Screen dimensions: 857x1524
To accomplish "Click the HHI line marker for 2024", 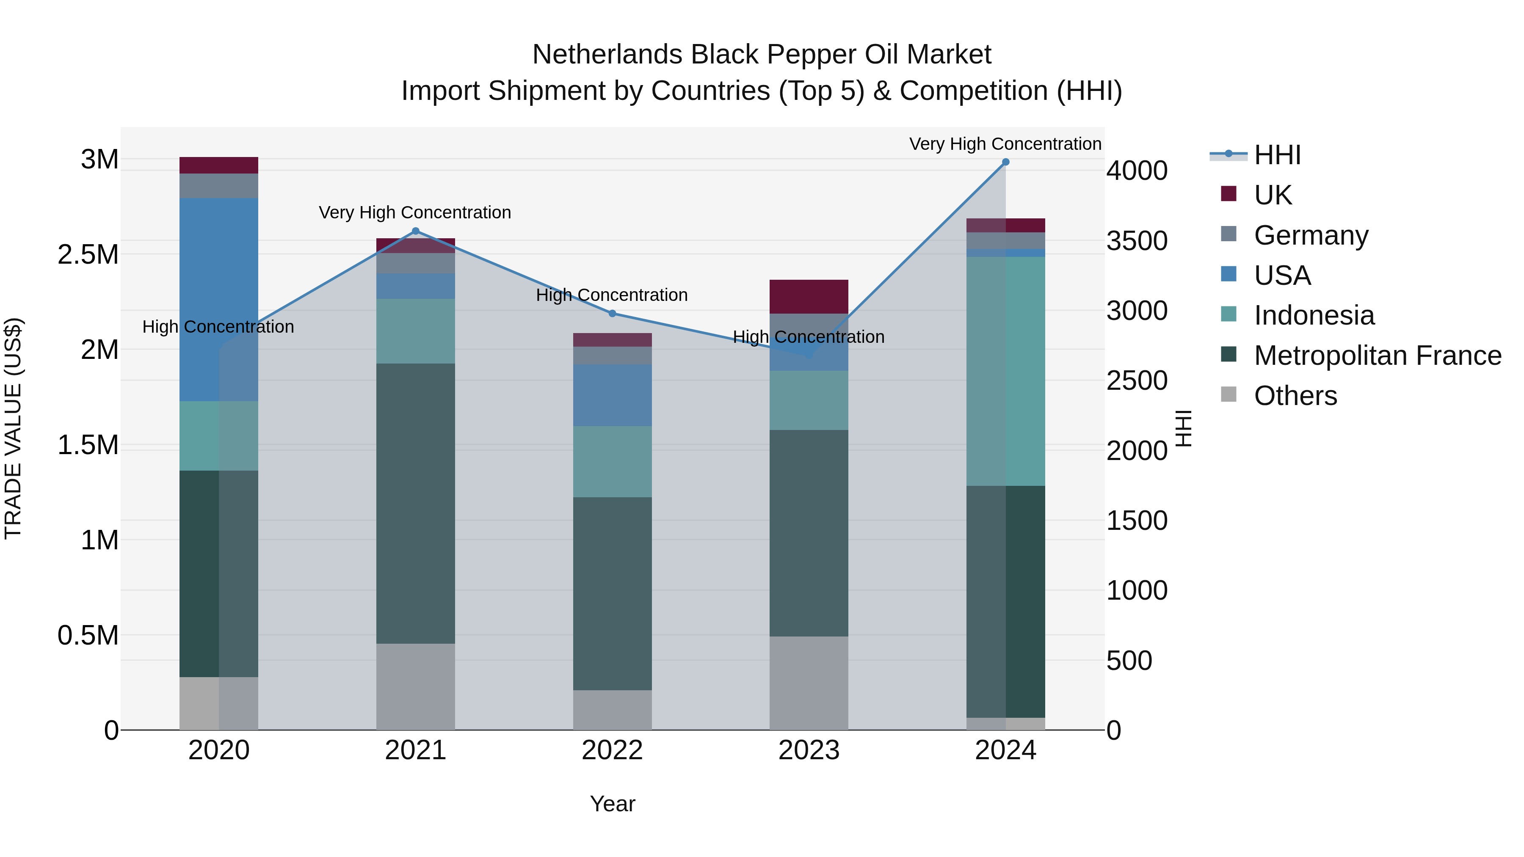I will pyautogui.click(x=1005, y=162).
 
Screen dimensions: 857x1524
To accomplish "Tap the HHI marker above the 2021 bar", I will pyautogui.click(x=415, y=231).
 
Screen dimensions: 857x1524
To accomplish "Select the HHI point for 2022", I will pyautogui.click(x=612, y=314).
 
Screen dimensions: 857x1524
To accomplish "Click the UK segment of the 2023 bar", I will pyautogui.click(x=809, y=296).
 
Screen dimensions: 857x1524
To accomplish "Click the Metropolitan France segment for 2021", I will pyautogui.click(x=415, y=503).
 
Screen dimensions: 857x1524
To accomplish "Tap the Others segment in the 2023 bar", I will pyautogui.click(x=809, y=683).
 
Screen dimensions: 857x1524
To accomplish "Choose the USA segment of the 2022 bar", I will pyautogui.click(x=612, y=395).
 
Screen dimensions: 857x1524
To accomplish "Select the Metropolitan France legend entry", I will pyautogui.click(x=1377, y=355).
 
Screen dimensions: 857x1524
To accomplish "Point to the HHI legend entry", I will pyautogui.click(x=1277, y=155).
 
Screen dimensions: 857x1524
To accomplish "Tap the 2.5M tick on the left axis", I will pyautogui.click(x=88, y=255).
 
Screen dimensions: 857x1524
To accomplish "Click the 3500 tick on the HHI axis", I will pyautogui.click(x=1137, y=241).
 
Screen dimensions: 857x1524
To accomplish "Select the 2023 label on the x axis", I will pyautogui.click(x=809, y=750).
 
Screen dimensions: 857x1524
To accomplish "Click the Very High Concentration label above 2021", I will pyautogui.click(x=415, y=212).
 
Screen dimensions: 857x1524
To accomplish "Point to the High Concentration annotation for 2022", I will pyautogui.click(x=612, y=295).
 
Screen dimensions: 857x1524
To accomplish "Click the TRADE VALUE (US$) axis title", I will pyautogui.click(x=14, y=428).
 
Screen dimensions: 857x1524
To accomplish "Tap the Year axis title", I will pyautogui.click(x=612, y=804).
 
